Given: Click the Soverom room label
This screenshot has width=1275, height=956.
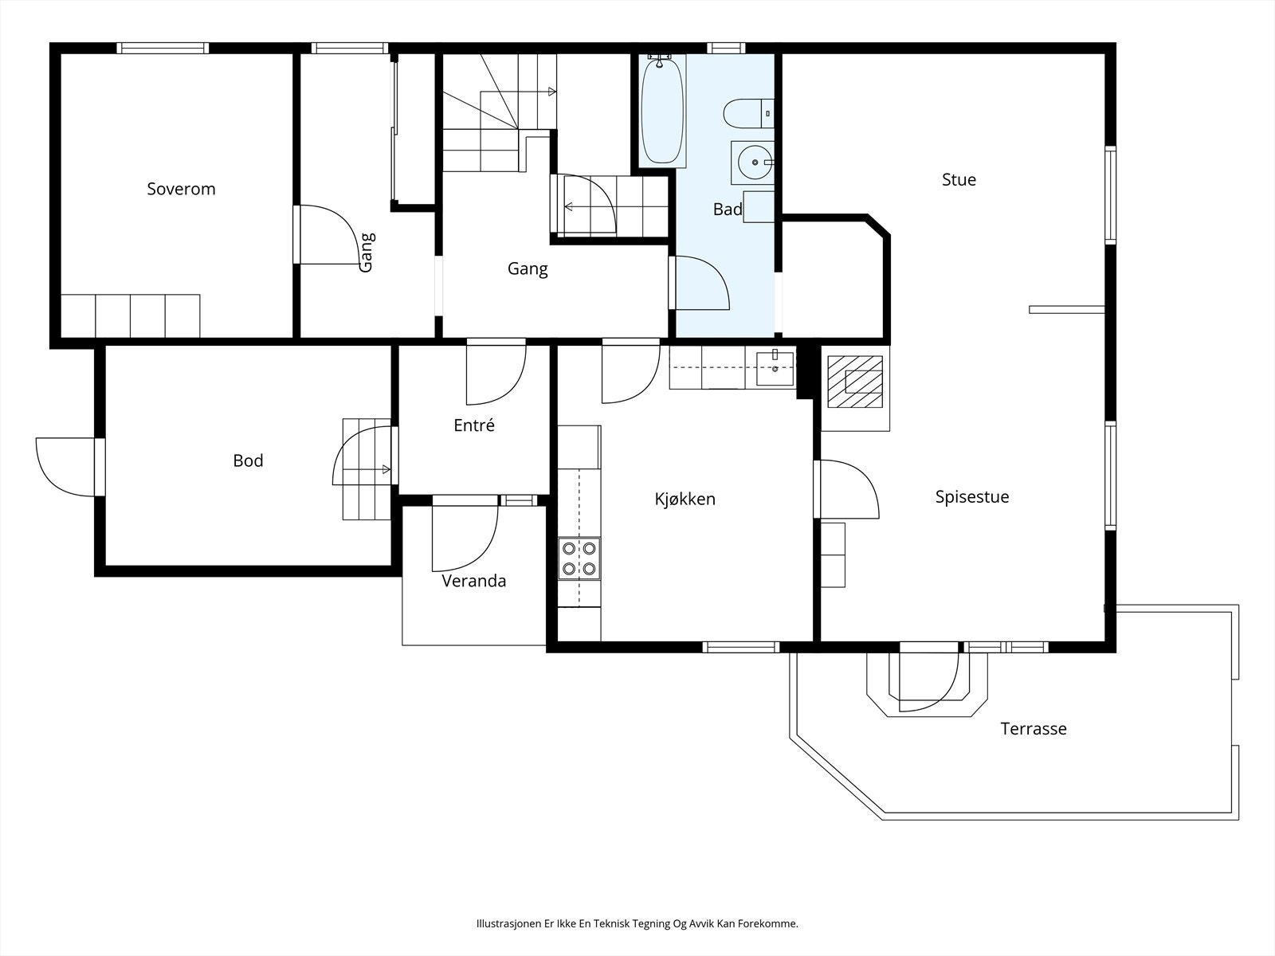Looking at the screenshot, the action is (x=181, y=190).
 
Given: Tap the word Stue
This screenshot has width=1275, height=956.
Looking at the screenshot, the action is (x=959, y=180).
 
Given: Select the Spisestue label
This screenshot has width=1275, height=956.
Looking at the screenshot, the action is (x=972, y=497).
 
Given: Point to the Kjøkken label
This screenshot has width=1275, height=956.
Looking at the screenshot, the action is (x=685, y=500).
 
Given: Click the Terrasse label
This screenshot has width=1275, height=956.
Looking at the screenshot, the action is (x=1034, y=729).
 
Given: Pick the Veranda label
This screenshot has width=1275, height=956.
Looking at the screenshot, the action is (x=474, y=581).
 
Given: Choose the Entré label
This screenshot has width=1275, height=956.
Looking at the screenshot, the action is (x=474, y=425).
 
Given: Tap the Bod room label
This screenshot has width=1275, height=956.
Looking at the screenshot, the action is (x=248, y=461).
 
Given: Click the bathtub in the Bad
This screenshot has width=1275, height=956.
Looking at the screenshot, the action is (x=662, y=110).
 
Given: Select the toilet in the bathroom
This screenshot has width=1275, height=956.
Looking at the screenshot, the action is (x=748, y=114).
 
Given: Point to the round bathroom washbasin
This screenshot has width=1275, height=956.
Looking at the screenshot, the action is (x=755, y=163).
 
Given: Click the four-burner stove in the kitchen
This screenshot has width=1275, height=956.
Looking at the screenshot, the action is (x=579, y=558).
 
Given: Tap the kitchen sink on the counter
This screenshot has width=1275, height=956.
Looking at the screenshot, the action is (x=775, y=369).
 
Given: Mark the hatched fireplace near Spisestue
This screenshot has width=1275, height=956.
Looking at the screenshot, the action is (x=855, y=382).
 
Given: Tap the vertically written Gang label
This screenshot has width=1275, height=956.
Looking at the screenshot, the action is (x=367, y=253).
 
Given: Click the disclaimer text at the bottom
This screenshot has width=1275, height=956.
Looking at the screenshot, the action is (x=637, y=923).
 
